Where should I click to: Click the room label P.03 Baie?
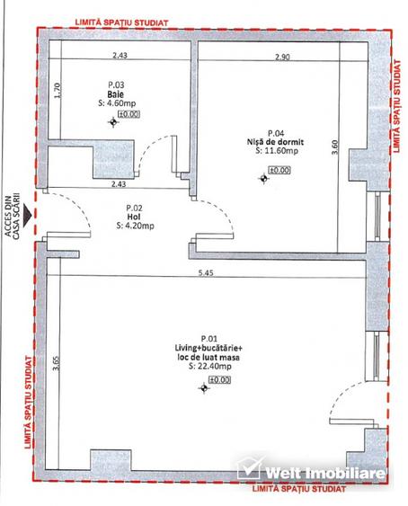pyautogui.click(x=116, y=90)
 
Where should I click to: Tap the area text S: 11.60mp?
pyautogui.click(x=277, y=151)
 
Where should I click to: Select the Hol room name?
pyautogui.click(x=134, y=217)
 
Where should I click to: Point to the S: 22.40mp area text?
pyautogui.click(x=209, y=367)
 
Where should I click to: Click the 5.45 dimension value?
pyautogui.click(x=206, y=273)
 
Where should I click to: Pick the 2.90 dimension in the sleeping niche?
pyautogui.click(x=282, y=58)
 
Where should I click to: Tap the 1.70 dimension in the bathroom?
pyautogui.click(x=58, y=91)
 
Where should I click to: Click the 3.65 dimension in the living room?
pyautogui.click(x=56, y=363)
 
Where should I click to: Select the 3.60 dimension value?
pyautogui.click(x=334, y=146)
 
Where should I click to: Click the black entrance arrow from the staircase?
pyautogui.click(x=28, y=215)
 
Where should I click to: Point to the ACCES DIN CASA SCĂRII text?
pyautogui.click(x=12, y=217)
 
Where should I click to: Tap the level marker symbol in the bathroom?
pyautogui.click(x=113, y=122)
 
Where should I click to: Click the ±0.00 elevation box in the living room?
pyautogui.click(x=219, y=380)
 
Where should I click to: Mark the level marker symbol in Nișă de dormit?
pyautogui.click(x=263, y=179)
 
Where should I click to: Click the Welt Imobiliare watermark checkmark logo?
pyautogui.click(x=249, y=468)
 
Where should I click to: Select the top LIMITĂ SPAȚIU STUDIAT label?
pyautogui.click(x=121, y=22)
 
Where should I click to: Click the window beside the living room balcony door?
pyautogui.click(x=377, y=356)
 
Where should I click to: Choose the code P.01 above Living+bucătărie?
pyautogui.click(x=209, y=339)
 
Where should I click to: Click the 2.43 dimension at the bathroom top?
pyautogui.click(x=120, y=55)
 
